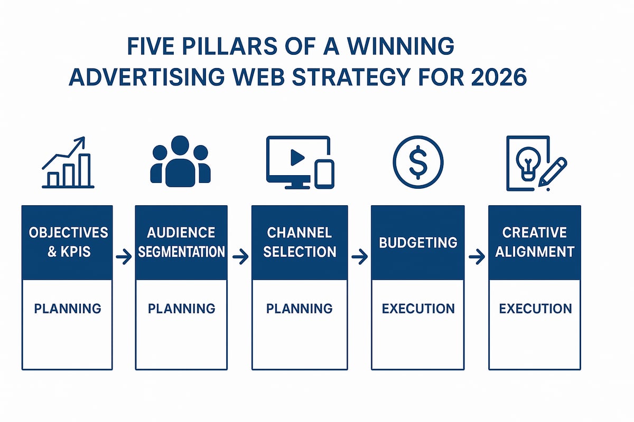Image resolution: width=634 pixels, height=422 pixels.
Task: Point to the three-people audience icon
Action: click(180, 161)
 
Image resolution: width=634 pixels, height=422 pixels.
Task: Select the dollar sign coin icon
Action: click(418, 163)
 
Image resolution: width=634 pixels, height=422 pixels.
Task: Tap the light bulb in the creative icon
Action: click(526, 164)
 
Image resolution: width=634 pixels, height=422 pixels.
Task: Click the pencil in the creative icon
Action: click(553, 171)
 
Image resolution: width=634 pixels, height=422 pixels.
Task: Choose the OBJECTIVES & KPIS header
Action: click(67, 242)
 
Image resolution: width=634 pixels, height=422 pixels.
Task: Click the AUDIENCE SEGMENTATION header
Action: click(181, 242)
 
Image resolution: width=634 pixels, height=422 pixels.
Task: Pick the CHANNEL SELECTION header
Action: click(300, 242)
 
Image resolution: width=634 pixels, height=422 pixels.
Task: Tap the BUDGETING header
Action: click(418, 242)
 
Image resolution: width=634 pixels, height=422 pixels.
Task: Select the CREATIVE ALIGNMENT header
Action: click(535, 242)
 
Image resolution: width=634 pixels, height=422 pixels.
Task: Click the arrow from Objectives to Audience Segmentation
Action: click(124, 257)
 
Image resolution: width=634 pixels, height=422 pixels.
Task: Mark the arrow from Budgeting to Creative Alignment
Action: click(477, 257)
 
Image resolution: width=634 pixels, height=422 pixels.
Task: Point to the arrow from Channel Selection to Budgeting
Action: click(359, 257)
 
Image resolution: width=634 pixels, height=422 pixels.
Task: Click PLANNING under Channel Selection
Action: click(300, 308)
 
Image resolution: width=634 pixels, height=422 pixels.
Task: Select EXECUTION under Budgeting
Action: click(418, 308)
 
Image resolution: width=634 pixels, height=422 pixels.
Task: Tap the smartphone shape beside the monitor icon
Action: click(324, 174)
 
